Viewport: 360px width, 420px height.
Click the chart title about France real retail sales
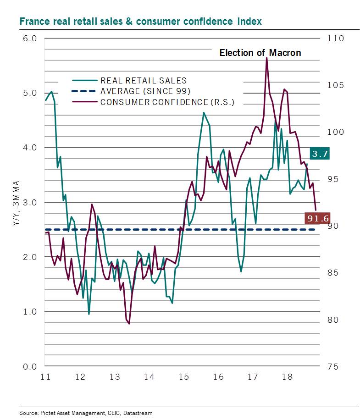click(140, 22)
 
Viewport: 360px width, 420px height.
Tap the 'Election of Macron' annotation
click(260, 53)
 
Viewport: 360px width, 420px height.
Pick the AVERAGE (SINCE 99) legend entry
click(145, 91)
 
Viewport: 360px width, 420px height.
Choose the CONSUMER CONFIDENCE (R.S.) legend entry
click(167, 102)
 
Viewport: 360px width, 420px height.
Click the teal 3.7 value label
click(319, 154)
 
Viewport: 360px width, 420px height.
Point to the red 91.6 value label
click(317, 219)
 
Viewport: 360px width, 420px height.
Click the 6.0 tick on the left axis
click(30, 38)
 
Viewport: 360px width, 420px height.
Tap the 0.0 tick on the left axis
click(30, 366)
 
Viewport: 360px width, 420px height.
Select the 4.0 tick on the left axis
click(30, 148)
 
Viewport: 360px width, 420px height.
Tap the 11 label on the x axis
click(45, 377)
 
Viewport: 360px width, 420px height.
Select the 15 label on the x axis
click(183, 377)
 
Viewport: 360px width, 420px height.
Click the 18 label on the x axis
click(287, 377)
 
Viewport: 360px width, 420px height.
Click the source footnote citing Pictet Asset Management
click(86, 413)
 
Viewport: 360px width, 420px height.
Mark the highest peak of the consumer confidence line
click(266, 58)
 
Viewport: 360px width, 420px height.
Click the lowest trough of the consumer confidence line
click(129, 324)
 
